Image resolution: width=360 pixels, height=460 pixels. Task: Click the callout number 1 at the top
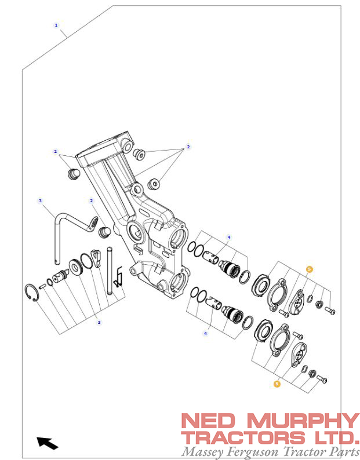(x=56, y=25)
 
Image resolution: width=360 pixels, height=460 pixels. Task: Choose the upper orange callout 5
(x=309, y=269)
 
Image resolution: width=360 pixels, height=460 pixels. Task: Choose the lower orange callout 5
(x=277, y=384)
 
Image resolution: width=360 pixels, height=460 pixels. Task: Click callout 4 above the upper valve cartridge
(x=229, y=237)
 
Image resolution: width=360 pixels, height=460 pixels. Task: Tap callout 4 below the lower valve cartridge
(x=205, y=333)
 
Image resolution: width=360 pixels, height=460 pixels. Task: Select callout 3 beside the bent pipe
(x=40, y=201)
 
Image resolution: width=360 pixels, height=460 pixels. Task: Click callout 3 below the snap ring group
(x=99, y=322)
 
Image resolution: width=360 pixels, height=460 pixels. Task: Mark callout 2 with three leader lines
(x=188, y=147)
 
